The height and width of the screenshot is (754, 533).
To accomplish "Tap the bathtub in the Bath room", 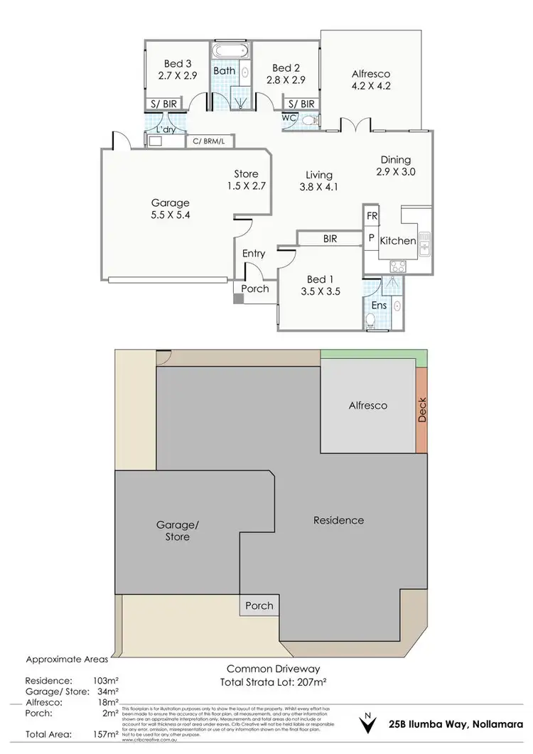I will pos(228,52).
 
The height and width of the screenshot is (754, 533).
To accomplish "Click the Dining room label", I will pos(395,160).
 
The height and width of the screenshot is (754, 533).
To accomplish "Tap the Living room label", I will pos(319,175).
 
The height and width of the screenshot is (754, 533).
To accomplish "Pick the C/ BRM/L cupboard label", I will pos(210,142).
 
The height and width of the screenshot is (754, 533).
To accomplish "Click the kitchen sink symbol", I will pos(424,246).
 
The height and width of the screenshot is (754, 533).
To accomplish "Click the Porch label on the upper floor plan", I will pos(255,289).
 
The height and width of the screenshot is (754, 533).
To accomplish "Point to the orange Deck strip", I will pos(422,410).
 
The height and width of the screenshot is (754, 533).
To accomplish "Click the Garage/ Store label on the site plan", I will pos(177,531).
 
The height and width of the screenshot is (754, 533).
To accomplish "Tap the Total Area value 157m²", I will pos(105,733).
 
